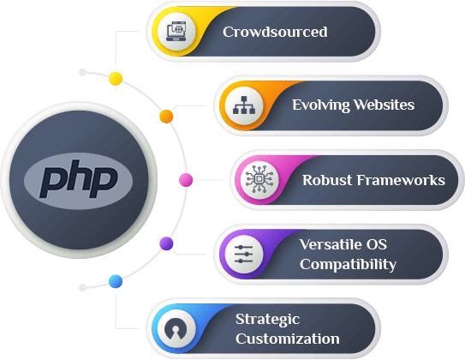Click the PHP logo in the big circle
[x=78, y=179]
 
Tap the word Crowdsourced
[x=275, y=32]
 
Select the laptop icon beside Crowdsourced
[x=176, y=31]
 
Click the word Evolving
[x=321, y=105]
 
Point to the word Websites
[x=384, y=105]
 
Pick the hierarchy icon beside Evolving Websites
[x=244, y=105]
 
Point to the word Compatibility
[x=348, y=264]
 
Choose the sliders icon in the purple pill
[x=244, y=255]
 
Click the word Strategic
[x=267, y=320]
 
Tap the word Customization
[x=288, y=339]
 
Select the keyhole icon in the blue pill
[x=176, y=328]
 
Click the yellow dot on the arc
[x=116, y=79]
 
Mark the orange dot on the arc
[x=166, y=117]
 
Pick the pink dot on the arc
[x=186, y=180]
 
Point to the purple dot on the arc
[x=166, y=243]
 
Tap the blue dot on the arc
[x=116, y=281]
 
